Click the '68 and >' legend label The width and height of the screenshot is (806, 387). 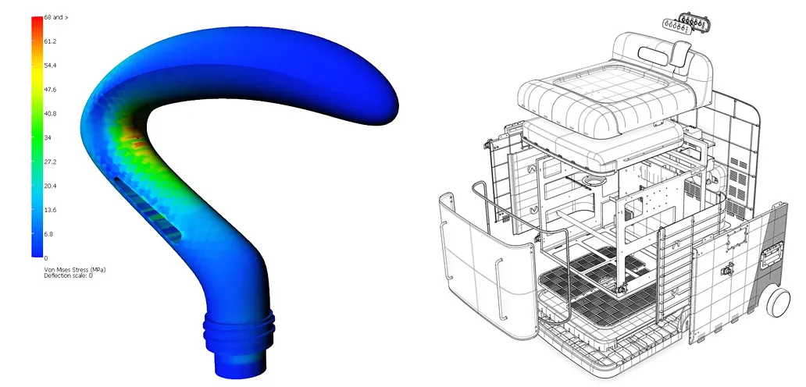[x=56, y=17]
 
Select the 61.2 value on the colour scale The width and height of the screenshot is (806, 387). [x=50, y=41]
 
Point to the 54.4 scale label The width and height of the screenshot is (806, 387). [x=50, y=66]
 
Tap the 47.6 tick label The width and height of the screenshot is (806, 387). [x=50, y=90]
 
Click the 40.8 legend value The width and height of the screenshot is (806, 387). [x=50, y=114]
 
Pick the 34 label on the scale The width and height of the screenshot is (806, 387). [x=48, y=138]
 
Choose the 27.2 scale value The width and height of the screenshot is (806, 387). [x=50, y=162]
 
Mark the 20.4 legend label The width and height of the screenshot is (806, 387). [x=50, y=186]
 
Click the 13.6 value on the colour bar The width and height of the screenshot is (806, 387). [x=50, y=211]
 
